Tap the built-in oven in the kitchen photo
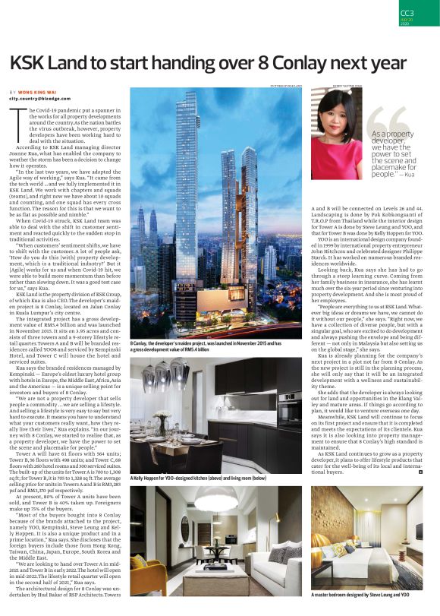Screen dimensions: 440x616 (x=290, y=411)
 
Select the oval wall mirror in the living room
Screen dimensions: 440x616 (x=185, y=528)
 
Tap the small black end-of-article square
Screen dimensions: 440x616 (x=420, y=473)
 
